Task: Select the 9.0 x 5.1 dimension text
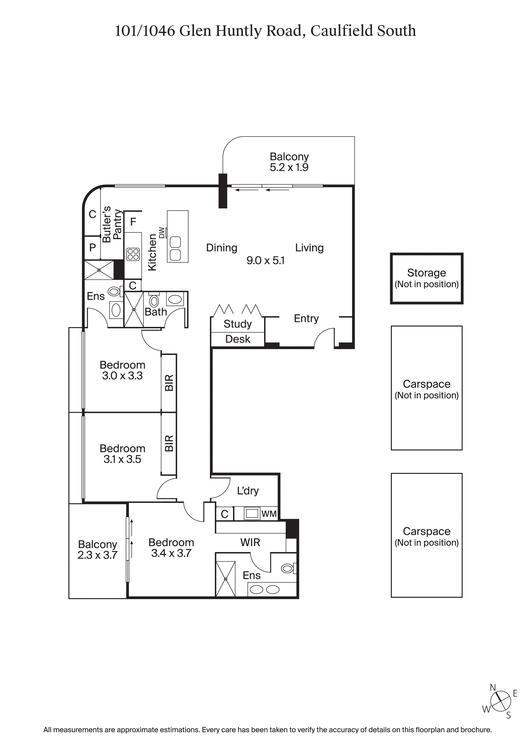265,261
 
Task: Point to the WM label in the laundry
269,514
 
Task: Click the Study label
237,324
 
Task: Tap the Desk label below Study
237,339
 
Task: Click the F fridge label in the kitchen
133,222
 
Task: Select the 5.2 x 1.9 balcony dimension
289,167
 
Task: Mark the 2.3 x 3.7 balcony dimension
97,555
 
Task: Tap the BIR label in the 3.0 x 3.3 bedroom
169,383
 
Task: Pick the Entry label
306,319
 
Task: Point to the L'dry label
248,491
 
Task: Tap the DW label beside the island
162,232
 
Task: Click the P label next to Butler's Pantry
92,248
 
